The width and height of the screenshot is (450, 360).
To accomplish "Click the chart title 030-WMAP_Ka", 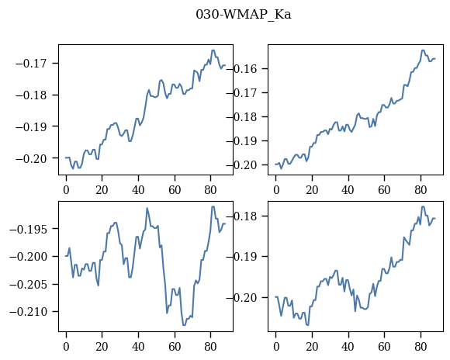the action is (x=244, y=15).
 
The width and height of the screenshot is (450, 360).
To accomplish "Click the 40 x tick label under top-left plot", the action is (x=138, y=190).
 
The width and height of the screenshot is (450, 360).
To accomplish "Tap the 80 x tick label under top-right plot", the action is (x=421, y=190).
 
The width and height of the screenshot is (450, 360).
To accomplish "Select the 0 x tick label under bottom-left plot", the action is (x=66, y=347).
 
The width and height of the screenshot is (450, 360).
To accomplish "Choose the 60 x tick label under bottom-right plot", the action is (x=384, y=347).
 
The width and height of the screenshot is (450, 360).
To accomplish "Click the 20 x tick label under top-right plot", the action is (x=312, y=190).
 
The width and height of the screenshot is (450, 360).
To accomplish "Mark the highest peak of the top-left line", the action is (x=213, y=50).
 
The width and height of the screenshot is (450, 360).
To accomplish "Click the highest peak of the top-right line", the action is (x=423, y=50).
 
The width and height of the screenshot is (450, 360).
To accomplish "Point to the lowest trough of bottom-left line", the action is (x=184, y=325).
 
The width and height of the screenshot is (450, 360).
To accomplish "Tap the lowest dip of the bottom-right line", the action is (x=307, y=325).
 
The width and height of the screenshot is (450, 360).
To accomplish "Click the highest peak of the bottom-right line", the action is (x=423, y=206).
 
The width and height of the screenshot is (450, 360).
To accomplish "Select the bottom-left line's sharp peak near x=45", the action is (x=147, y=208).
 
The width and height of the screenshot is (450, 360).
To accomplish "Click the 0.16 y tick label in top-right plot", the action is (x=244, y=69).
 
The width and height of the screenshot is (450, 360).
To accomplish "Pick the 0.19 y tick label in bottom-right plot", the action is (x=244, y=257).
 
